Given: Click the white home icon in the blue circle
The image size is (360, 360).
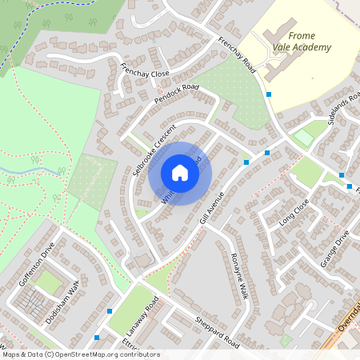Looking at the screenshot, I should click(180, 173).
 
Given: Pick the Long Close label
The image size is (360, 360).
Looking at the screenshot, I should click(294, 214).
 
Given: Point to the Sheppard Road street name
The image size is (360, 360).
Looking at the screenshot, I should click(217, 332).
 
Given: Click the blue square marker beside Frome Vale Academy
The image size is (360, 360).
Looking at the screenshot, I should click(269, 94).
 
